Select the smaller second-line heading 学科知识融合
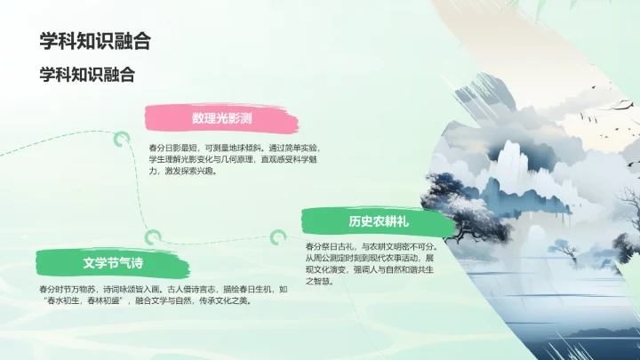[x=86, y=75]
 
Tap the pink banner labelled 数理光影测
[x=221, y=118]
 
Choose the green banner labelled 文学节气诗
[x=113, y=263]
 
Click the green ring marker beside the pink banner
[x=118, y=137]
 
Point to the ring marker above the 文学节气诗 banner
[x=155, y=236]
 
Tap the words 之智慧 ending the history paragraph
[x=320, y=282]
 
